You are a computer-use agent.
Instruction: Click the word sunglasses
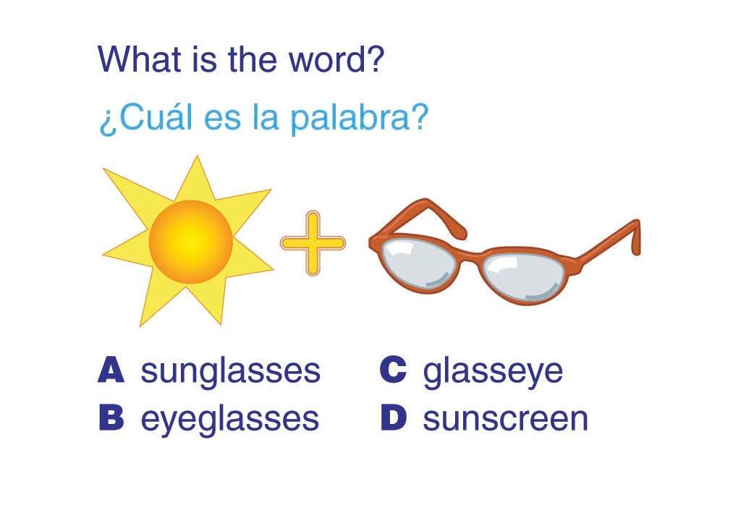click(231, 372)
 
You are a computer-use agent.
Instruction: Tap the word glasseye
click(493, 372)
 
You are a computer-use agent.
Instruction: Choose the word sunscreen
click(505, 419)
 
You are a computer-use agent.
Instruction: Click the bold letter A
click(111, 370)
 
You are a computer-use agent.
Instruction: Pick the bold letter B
click(111, 417)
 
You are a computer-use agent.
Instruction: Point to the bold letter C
click(393, 370)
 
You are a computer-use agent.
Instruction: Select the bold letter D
click(394, 417)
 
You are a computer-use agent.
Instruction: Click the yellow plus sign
click(313, 243)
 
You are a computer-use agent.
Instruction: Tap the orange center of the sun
click(191, 242)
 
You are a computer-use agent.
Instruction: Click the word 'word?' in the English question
click(336, 59)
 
